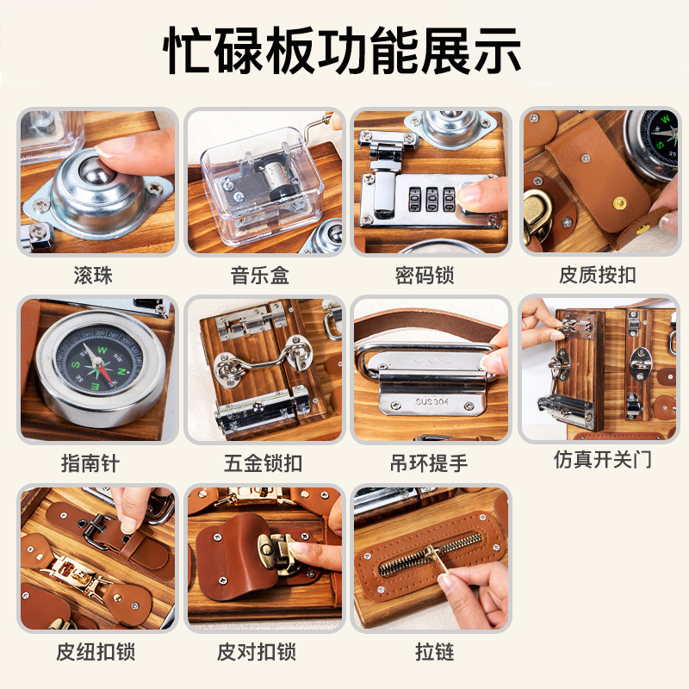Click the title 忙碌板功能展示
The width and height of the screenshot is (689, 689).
pyautogui.click(x=342, y=51)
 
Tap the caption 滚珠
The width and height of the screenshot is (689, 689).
pyautogui.click(x=93, y=276)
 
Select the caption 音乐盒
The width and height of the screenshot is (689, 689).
pyautogui.click(x=260, y=276)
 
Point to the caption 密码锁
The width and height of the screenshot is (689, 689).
pyautogui.click(x=425, y=276)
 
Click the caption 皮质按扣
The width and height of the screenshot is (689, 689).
pyautogui.click(x=598, y=275)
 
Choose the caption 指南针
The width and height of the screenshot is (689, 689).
pyautogui.click(x=90, y=463)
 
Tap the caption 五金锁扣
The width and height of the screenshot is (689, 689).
pyautogui.click(x=263, y=463)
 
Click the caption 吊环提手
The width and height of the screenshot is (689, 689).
pyautogui.click(x=429, y=463)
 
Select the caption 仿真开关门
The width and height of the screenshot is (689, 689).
pyautogui.click(x=602, y=460)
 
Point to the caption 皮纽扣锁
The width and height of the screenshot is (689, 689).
pyautogui.click(x=96, y=652)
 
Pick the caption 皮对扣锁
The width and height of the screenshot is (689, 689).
pyautogui.click(x=257, y=652)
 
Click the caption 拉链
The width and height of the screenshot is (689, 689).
pyautogui.click(x=435, y=652)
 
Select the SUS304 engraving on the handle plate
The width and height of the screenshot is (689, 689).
pyautogui.click(x=431, y=401)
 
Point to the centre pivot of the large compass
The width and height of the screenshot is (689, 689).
pyautogui.click(x=97, y=362)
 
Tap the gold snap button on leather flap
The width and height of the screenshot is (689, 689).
pyautogui.click(x=620, y=202)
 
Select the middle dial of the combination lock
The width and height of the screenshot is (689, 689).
pyautogui.click(x=431, y=199)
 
